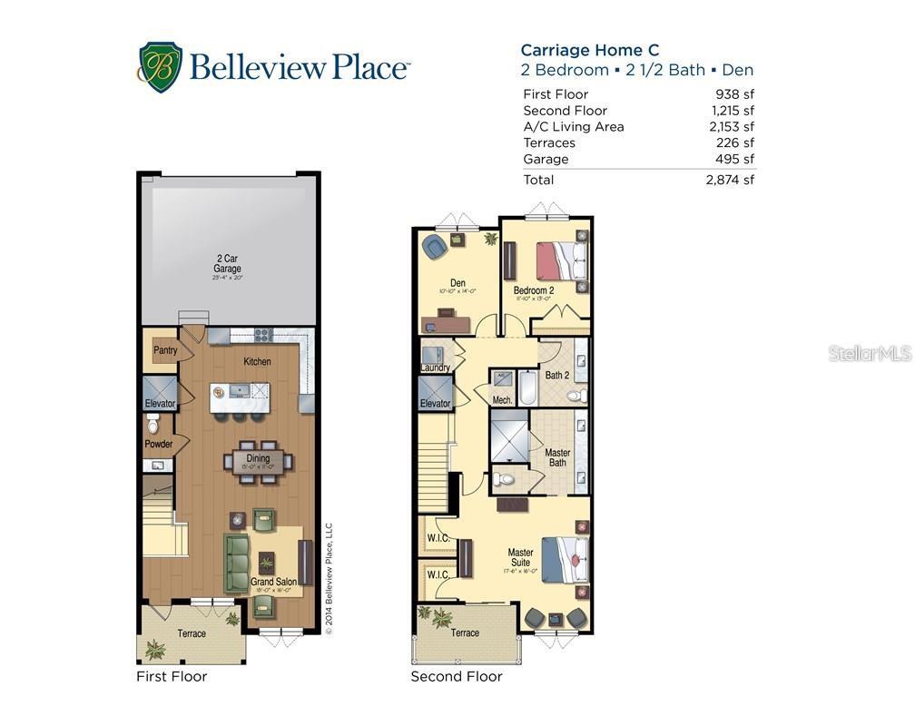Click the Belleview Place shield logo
point(160,67)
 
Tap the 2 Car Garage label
point(227,264)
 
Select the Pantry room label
point(165,350)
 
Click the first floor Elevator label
point(161,405)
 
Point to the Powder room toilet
point(153,423)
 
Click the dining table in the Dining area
point(259,461)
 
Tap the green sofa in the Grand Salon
point(237,563)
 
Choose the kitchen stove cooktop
point(262,335)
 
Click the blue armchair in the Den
point(434,245)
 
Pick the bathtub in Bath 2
point(526,387)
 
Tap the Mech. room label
point(502,399)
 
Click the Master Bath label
point(557,458)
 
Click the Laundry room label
point(436,368)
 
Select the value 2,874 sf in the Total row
point(730,180)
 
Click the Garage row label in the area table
point(546,159)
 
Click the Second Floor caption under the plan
point(456,676)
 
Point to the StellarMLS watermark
point(869,353)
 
